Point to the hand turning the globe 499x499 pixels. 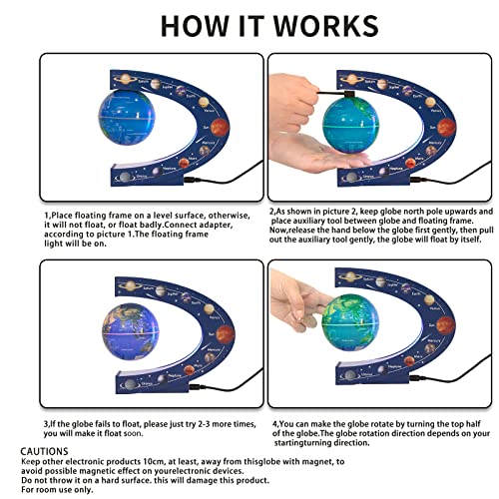(x=294, y=299)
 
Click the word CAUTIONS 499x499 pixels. (x=46, y=452)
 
